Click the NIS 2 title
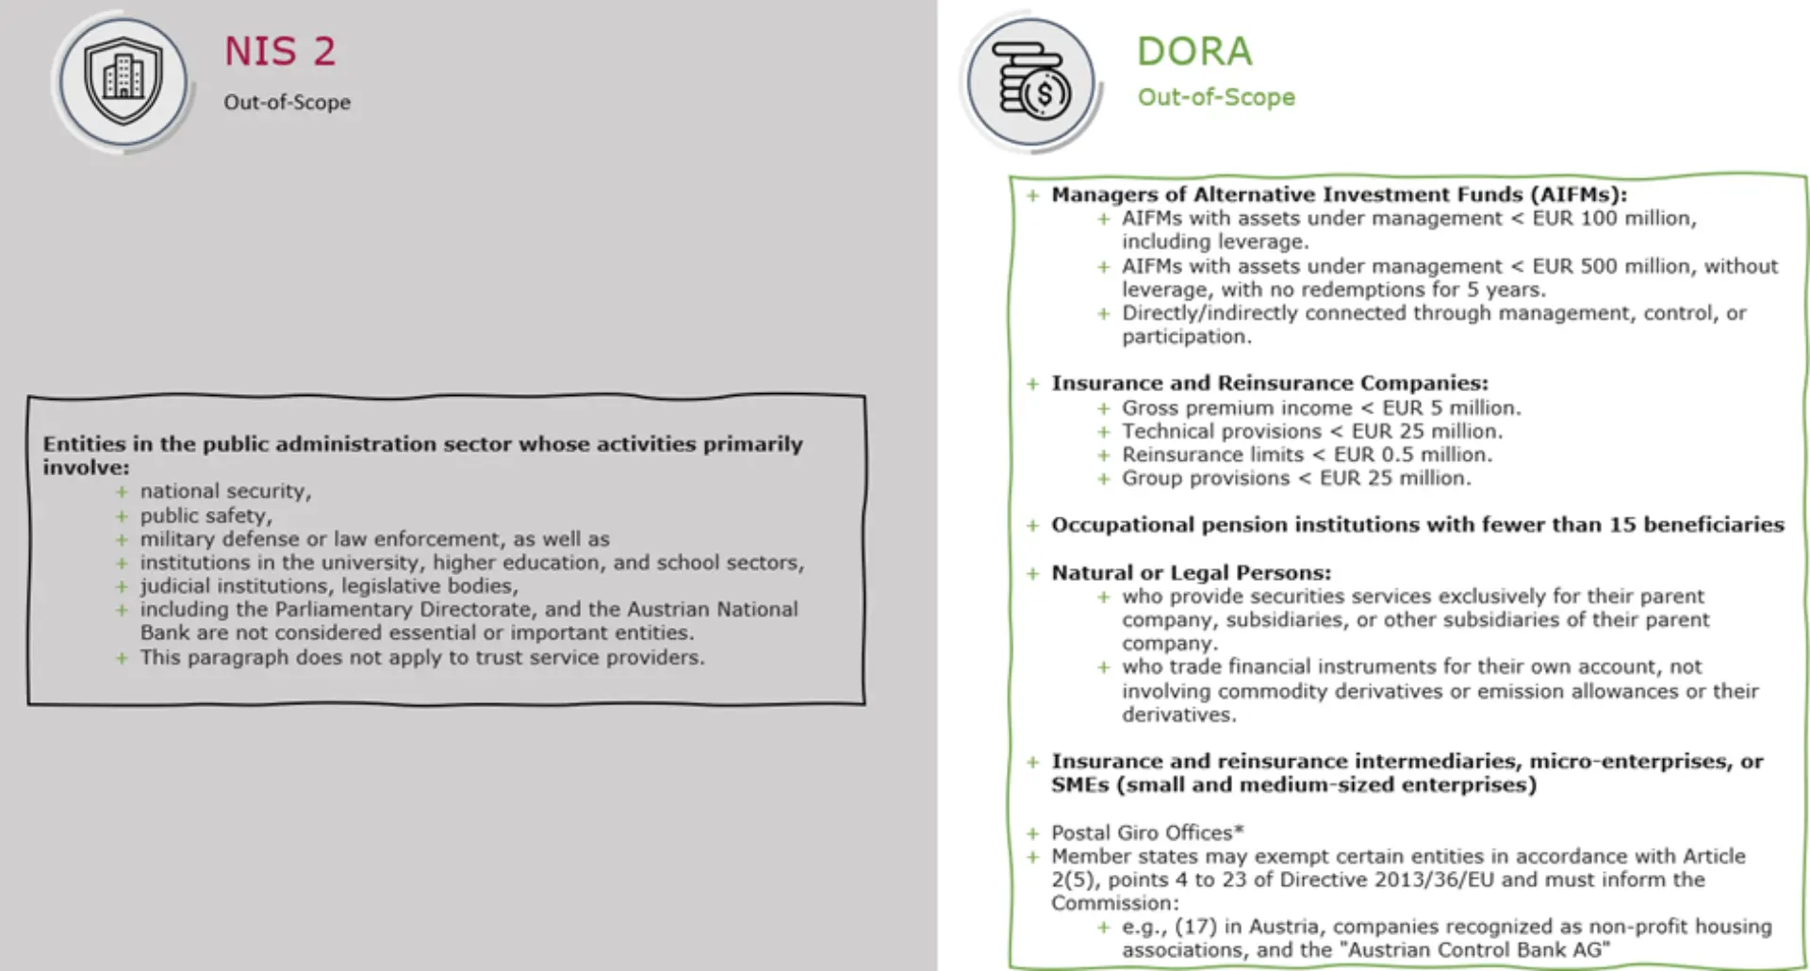click(280, 52)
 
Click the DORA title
click(1194, 52)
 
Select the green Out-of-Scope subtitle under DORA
click(1216, 97)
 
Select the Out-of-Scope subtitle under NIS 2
click(287, 102)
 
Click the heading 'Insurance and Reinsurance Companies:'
click(1270, 384)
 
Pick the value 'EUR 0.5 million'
click(1412, 455)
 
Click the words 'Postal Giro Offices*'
click(1147, 833)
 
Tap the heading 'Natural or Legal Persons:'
click(1192, 573)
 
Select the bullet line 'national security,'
click(225, 491)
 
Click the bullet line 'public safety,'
click(206, 516)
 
